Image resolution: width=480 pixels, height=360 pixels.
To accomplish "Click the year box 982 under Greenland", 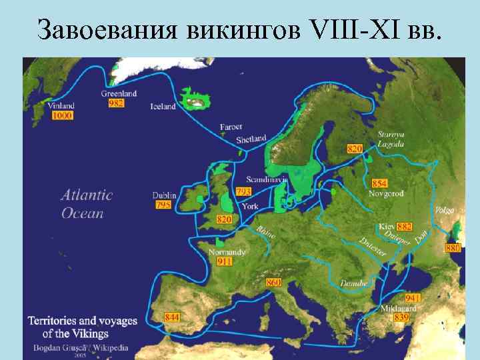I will (116, 103).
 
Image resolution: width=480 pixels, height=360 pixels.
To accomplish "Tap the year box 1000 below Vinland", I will (62, 115).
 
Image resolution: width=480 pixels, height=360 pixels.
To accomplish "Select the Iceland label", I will (163, 107).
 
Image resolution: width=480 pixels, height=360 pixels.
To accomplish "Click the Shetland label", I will (251, 139).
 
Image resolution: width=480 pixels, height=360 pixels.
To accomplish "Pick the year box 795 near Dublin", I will (163, 205).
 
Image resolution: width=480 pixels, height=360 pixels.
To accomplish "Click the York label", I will (250, 206).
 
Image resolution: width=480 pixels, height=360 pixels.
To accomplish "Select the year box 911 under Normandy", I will (225, 262).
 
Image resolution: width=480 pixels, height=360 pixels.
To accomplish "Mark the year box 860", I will (273, 283).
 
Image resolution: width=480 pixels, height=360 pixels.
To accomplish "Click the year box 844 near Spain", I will (172, 317).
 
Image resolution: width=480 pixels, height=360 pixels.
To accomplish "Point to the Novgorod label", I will (385, 193).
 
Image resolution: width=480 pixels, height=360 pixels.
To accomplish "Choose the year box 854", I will (379, 183).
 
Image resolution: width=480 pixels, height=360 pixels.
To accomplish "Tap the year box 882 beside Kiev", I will (404, 227).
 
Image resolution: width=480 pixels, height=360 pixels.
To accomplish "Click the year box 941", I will (412, 298).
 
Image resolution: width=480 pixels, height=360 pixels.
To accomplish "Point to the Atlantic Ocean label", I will (87, 204).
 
